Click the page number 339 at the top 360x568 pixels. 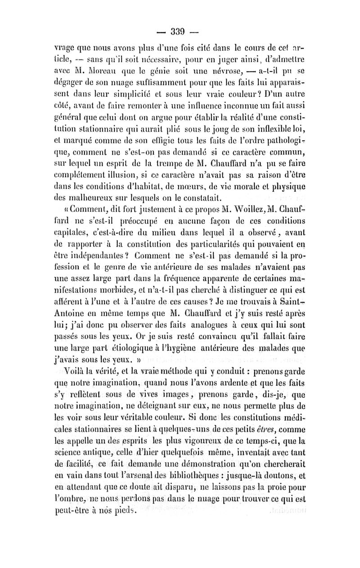180,32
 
